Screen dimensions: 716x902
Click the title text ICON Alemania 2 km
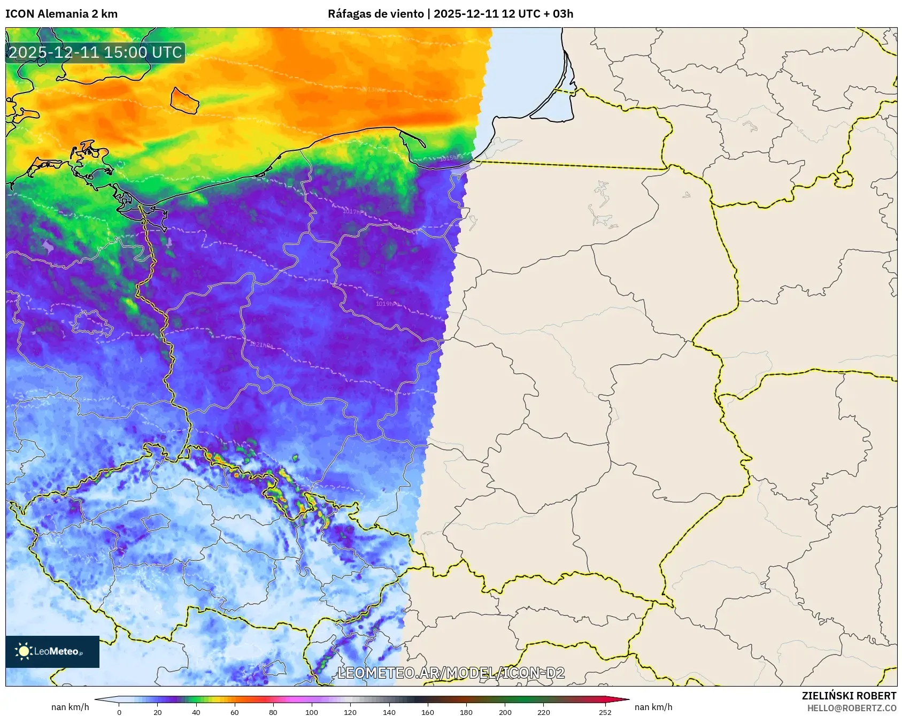coord(61,14)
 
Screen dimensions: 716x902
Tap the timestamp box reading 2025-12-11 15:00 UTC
coord(95,52)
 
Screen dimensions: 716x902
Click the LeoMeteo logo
coord(52,651)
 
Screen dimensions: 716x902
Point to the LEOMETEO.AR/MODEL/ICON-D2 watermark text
coord(451,673)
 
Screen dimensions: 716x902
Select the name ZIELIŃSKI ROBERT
coord(849,696)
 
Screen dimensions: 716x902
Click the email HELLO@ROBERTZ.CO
coord(851,708)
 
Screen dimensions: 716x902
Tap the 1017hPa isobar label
coord(355,212)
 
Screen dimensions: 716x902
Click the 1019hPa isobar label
coord(387,304)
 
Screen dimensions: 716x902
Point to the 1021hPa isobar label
coord(261,345)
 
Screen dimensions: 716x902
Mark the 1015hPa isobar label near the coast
coord(451,158)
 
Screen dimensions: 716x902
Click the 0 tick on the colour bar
coord(119,712)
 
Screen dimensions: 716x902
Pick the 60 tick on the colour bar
coord(235,712)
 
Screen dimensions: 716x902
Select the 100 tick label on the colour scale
coord(312,712)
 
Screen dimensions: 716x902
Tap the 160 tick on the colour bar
coord(428,712)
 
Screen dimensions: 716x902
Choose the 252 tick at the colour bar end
coord(605,712)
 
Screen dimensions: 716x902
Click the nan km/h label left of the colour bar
coord(70,707)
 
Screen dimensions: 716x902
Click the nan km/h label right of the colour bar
coord(653,707)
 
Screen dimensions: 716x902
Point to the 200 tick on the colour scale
coord(505,712)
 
